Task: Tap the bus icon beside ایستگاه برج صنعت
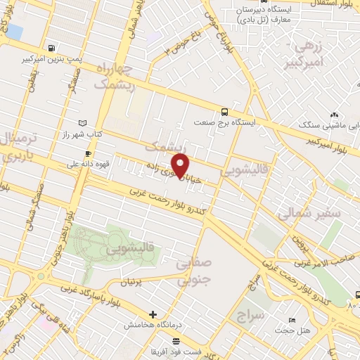[224, 111]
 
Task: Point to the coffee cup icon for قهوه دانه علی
[87, 153]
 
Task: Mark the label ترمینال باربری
[13, 147]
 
